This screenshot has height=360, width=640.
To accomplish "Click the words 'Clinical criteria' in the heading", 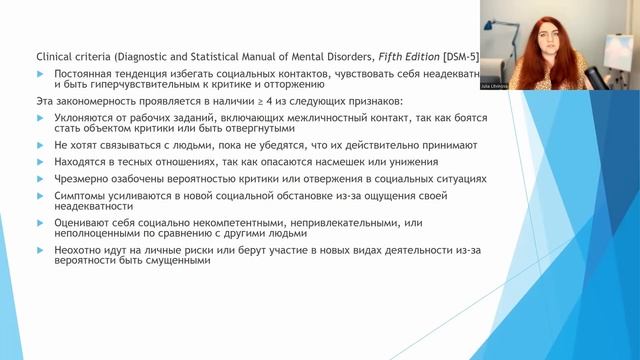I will [71, 57].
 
